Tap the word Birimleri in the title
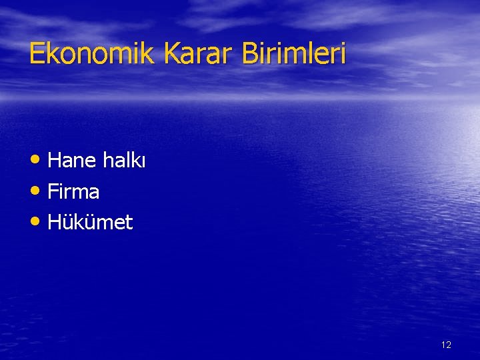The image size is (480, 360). coord(294,53)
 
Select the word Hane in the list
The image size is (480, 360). coord(73,161)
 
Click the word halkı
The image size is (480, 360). coord(125,161)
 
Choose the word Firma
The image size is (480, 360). coord(74,192)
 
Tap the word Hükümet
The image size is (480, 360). coord(91,223)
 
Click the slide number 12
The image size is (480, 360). coord(446,345)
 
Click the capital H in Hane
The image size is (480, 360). coord(55,161)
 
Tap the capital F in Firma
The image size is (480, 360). coord(54,192)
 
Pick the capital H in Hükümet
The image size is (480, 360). coord(55,223)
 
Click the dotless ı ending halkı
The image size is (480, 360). coord(143,161)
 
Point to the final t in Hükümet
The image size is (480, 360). coord(129,223)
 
